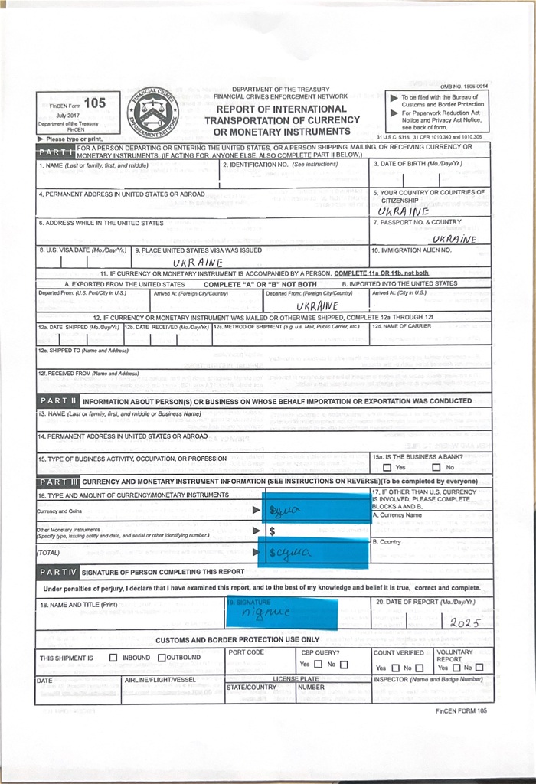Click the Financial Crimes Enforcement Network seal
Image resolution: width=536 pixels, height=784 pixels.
(x=152, y=113)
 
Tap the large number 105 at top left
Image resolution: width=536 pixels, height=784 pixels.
(x=95, y=103)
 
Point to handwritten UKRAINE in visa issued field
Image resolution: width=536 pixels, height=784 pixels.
(x=198, y=263)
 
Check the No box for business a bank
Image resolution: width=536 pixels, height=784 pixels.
(x=436, y=467)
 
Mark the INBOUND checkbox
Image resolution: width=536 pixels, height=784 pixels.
(x=113, y=658)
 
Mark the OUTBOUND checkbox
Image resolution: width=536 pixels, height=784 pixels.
(x=162, y=658)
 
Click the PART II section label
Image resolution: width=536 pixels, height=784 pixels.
(x=58, y=400)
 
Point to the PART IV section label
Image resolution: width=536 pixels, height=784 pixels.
(x=58, y=572)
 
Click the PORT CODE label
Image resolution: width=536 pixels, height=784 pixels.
(x=246, y=652)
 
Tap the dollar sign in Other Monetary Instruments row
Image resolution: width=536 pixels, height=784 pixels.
(x=272, y=531)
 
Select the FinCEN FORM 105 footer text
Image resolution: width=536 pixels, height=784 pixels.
(x=460, y=710)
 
